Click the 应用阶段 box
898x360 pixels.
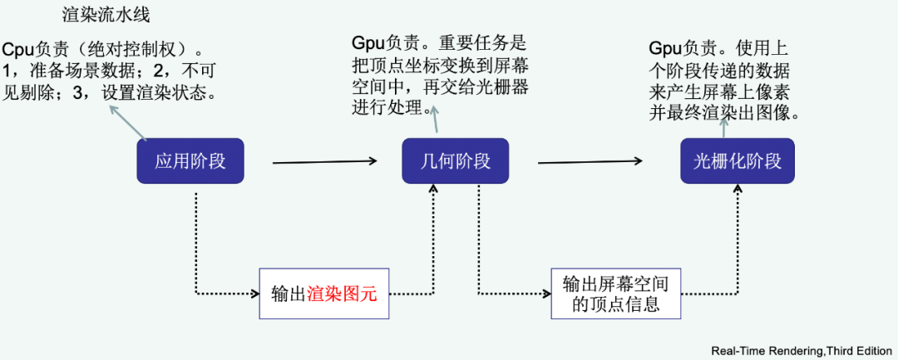click(x=190, y=160)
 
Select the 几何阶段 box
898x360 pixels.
click(x=456, y=160)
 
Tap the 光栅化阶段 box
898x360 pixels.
click(x=738, y=160)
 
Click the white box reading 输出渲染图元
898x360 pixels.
click(x=324, y=293)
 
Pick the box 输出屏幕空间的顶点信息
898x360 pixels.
click(x=616, y=293)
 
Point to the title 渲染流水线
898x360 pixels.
click(x=106, y=16)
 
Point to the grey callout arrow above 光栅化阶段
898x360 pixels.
click(x=726, y=127)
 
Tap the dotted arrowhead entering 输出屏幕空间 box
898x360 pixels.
click(x=545, y=293)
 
